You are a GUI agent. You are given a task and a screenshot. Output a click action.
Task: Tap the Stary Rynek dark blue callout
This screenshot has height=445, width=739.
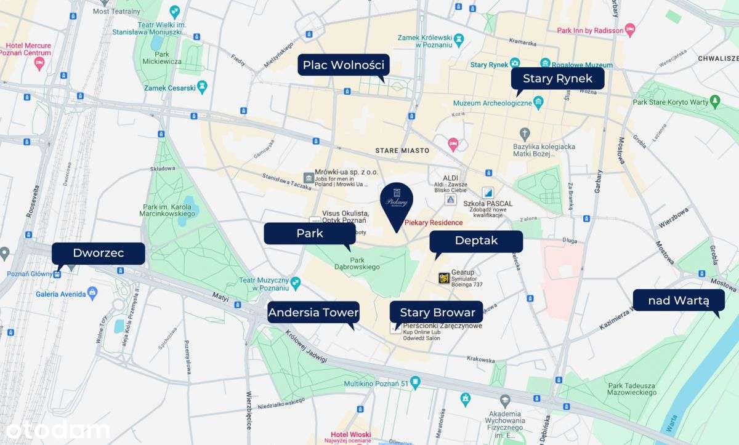[557, 79]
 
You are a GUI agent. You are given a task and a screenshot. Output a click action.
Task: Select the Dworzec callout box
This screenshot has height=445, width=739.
[98, 253]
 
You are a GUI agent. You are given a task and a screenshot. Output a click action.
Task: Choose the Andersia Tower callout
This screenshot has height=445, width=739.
[313, 313]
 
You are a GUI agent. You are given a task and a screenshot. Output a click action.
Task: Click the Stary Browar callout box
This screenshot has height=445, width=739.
[437, 313]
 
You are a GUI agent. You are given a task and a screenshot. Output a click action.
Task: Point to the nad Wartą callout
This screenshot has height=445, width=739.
[678, 300]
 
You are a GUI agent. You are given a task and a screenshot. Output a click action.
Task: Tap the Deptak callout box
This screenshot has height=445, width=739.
[475, 241]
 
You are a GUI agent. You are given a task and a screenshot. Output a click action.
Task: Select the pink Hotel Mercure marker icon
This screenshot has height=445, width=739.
[40, 64]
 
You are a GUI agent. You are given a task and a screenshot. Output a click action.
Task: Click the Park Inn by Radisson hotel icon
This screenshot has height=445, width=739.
[629, 30]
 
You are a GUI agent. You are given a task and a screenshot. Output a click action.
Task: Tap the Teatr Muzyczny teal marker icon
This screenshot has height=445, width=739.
[296, 283]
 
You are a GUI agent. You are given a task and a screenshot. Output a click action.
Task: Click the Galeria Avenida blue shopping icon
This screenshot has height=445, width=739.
[92, 294]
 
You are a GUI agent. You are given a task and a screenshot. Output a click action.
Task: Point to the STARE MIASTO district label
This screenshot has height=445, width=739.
[402, 150]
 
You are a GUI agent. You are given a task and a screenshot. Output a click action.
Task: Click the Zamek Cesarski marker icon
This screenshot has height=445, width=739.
[202, 87]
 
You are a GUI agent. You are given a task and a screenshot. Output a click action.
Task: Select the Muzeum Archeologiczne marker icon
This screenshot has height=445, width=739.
[538, 103]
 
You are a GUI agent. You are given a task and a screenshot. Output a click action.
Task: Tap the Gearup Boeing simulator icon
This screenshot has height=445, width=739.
[443, 278]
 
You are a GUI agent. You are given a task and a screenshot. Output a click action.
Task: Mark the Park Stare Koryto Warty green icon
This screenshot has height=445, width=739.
[714, 100]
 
